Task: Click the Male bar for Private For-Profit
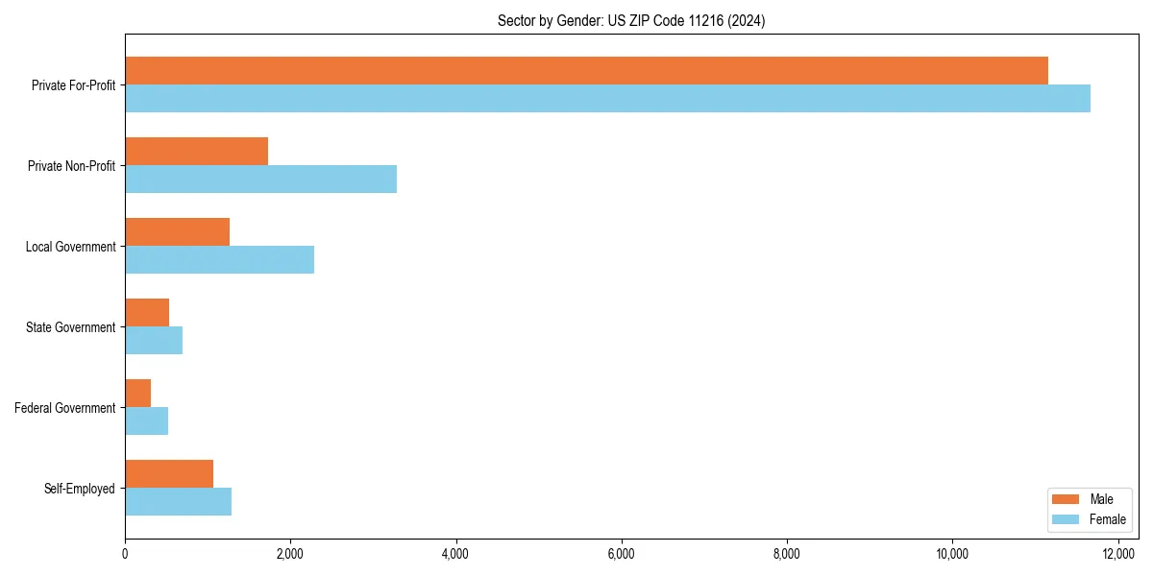pyautogui.click(x=586, y=71)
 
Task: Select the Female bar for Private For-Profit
pyautogui.click(x=607, y=99)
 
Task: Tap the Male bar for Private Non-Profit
pyautogui.click(x=196, y=152)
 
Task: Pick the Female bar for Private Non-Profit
pyautogui.click(x=260, y=180)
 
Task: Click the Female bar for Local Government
pyautogui.click(x=219, y=260)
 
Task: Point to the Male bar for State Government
pyautogui.click(x=147, y=313)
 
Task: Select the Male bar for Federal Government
pyautogui.click(x=137, y=394)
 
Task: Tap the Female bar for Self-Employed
pyautogui.click(x=178, y=502)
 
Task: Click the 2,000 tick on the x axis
pyautogui.click(x=290, y=554)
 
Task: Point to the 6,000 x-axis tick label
pyautogui.click(x=622, y=554)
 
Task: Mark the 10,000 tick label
pyautogui.click(x=952, y=554)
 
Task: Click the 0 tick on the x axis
pyautogui.click(x=125, y=554)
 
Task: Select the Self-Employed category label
pyautogui.click(x=80, y=489)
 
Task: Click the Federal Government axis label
pyautogui.click(x=65, y=408)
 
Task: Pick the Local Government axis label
pyautogui.click(x=71, y=247)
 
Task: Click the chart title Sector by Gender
pyautogui.click(x=631, y=21)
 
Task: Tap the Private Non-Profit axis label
pyautogui.click(x=72, y=166)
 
